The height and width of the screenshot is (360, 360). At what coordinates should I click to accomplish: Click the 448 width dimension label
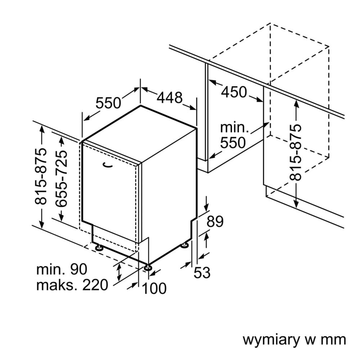pos(170,97)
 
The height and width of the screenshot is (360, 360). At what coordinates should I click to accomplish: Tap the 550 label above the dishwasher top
pos(108,103)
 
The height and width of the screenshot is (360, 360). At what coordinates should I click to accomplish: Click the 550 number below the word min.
pos(233,143)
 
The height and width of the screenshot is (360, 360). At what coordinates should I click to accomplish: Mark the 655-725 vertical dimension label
pos(62,179)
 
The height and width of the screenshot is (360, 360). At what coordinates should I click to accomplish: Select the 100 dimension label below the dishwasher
pos(154,288)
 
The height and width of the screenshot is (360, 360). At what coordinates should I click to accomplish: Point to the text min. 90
pos(62,269)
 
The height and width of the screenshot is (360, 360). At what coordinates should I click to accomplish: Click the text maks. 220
pos(72,285)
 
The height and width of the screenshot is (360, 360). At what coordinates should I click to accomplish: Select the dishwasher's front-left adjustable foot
pos(98,248)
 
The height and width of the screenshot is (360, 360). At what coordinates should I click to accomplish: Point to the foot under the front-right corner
pos(148,268)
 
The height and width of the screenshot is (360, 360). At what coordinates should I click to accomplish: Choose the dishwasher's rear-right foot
pos(185,245)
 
